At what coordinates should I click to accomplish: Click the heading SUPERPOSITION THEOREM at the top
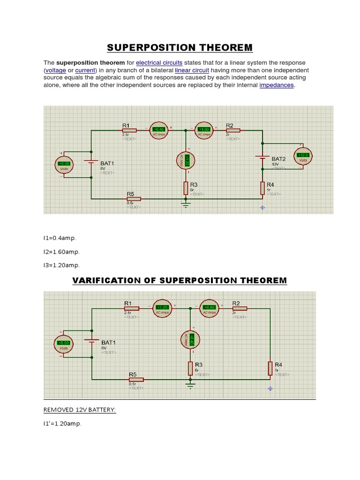click(x=180, y=47)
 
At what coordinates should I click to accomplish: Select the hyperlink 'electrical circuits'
click(x=159, y=63)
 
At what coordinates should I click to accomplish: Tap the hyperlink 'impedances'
click(x=277, y=85)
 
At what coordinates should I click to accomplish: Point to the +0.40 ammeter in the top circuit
click(x=159, y=129)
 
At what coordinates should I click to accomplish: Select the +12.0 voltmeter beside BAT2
click(x=303, y=156)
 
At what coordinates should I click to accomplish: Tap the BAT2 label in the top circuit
click(x=278, y=159)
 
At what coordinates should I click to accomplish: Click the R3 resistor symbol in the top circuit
click(x=186, y=188)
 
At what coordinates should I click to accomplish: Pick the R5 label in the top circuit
click(x=130, y=194)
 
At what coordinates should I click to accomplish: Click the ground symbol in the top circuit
click(x=186, y=204)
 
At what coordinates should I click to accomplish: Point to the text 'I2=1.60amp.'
click(x=61, y=252)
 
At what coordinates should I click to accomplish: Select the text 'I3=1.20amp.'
click(x=61, y=265)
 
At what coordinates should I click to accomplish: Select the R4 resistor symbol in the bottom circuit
click(x=270, y=368)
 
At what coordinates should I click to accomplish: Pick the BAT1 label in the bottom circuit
click(x=108, y=343)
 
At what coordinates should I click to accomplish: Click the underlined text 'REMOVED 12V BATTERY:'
click(x=80, y=410)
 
